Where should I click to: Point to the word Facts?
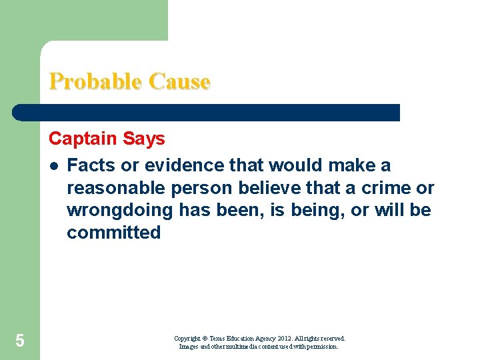pyautogui.click(x=90, y=165)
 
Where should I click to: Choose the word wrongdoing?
pyautogui.click(x=115, y=211)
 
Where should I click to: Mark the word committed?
pyautogui.click(x=114, y=233)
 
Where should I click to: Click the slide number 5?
pyautogui.click(x=20, y=341)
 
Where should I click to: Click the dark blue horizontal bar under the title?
pyautogui.click(x=207, y=113)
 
